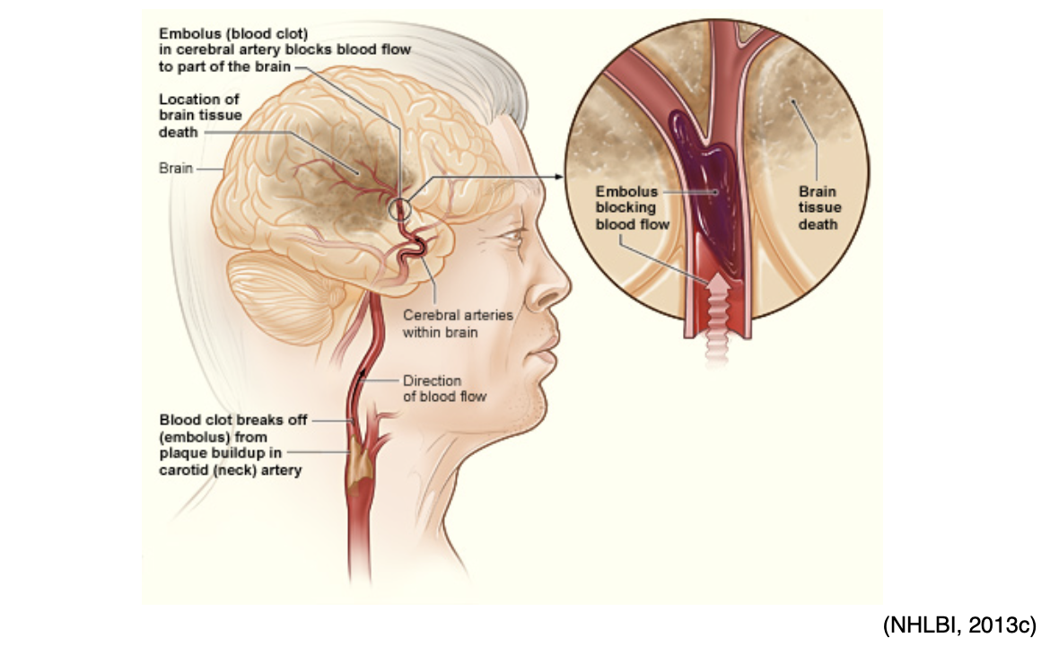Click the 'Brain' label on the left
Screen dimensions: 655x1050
(x=176, y=168)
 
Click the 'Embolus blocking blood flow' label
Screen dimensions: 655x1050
(x=633, y=207)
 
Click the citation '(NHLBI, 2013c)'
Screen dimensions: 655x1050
(x=959, y=624)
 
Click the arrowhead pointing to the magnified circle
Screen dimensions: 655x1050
(x=568, y=177)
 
